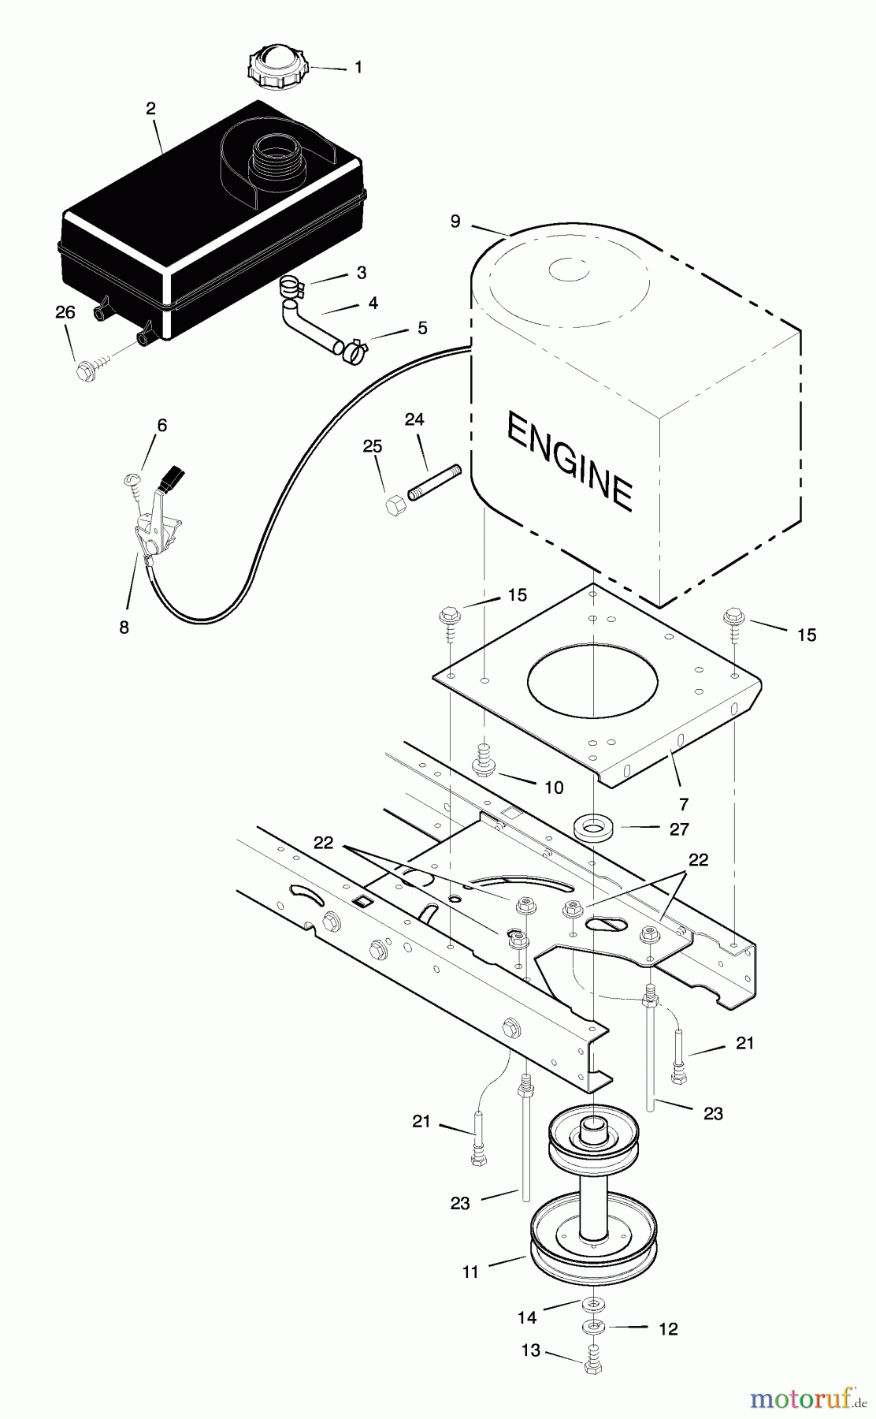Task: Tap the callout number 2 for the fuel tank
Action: (x=151, y=109)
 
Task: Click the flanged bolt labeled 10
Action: (x=482, y=762)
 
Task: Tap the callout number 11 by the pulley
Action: (x=470, y=1272)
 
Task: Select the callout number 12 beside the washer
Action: (x=667, y=1328)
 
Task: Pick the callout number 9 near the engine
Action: (x=455, y=221)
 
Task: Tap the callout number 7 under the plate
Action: (x=683, y=804)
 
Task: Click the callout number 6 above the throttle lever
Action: (x=161, y=426)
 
